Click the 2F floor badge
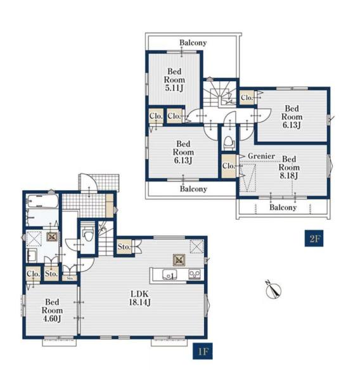pos(314,239)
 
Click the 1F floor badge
pos(203,351)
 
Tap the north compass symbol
pos(273,289)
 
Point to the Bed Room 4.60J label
pos(52,310)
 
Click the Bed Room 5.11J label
pos(174,80)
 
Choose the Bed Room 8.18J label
pos(289,167)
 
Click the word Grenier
pos(261,156)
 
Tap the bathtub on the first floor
pos(42,201)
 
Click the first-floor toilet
pos(88,233)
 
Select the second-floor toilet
pos(228,142)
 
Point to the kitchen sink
pos(169,275)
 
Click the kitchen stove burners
pos(195,274)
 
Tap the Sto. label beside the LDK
pos(124,247)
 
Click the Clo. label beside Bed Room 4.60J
pos(33,274)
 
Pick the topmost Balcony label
pos(193,43)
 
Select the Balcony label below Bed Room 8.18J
pos(283,208)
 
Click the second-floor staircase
pos(220,94)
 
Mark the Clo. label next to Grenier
pos(229,166)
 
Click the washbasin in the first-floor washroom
pos(32,255)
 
